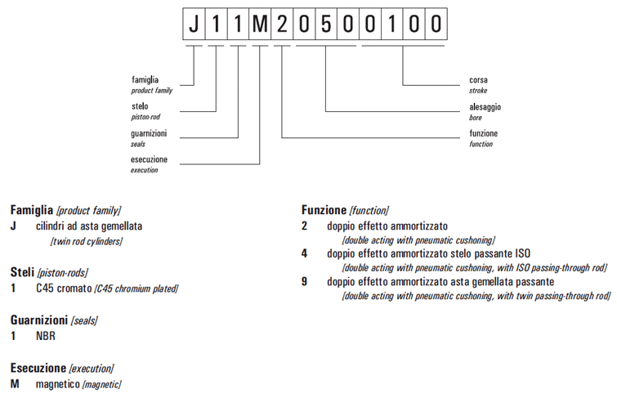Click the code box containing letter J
[x=194, y=24]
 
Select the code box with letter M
[x=260, y=24]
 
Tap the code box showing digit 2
[x=282, y=24]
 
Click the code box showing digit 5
[x=326, y=24]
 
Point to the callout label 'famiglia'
[x=145, y=80]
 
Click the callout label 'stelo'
[x=139, y=106]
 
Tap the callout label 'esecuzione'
[x=149, y=159]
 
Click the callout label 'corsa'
[x=478, y=80]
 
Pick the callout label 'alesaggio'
[x=485, y=106]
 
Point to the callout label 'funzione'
[x=483, y=133]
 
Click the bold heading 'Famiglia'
[x=31, y=210]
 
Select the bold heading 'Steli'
[x=22, y=272]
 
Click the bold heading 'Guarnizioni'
[x=38, y=320]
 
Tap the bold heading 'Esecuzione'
[x=38, y=368]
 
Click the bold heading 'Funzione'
[x=324, y=210]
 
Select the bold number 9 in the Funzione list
[x=304, y=281]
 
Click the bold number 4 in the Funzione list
[x=304, y=253]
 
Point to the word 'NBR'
[x=45, y=336]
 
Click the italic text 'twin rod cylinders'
[x=85, y=241]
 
